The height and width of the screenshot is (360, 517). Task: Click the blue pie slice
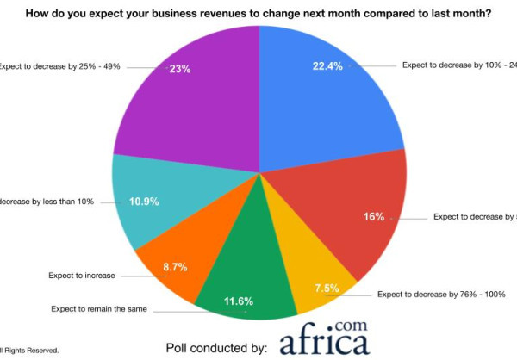[x=327, y=103]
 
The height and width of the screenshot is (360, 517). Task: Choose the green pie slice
[x=246, y=276]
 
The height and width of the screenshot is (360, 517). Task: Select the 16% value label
[x=374, y=216]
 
